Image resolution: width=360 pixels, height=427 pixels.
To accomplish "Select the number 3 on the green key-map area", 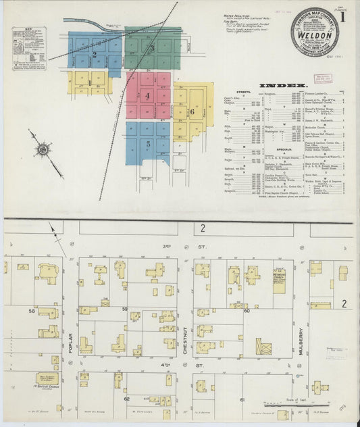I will coord(152,48).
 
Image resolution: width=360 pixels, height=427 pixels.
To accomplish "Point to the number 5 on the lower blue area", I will coord(147,143).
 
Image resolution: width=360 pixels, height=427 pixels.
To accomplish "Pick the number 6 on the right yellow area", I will coord(192,111).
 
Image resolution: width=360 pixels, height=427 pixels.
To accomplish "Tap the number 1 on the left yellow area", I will coord(88,83).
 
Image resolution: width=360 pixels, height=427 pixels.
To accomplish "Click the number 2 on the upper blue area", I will coord(95,54).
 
